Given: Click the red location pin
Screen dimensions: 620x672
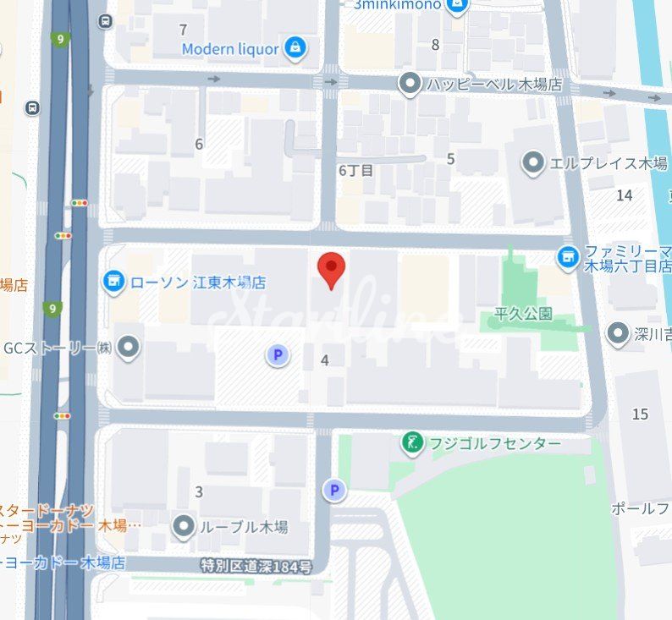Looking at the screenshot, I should [331, 268].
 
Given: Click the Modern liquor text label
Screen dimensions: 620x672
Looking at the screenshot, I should [229, 49].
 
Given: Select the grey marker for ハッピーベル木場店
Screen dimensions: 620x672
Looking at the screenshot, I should [410, 83].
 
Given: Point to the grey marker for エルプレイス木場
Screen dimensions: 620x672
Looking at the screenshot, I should [533, 162].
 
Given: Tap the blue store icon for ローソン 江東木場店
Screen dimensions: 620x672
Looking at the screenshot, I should [113, 280].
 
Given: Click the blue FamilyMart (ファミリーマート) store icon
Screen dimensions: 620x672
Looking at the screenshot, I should [569, 255].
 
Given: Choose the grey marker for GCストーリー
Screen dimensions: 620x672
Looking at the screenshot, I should [128, 347].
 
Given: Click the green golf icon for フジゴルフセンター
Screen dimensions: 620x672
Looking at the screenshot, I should [412, 442].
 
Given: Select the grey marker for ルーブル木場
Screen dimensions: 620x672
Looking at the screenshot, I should [184, 527].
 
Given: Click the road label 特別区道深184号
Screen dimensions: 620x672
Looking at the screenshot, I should [256, 566].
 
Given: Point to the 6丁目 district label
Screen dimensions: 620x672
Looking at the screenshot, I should [355, 170].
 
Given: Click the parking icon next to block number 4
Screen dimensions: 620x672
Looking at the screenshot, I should [277, 356].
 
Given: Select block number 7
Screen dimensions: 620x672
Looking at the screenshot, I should [184, 30].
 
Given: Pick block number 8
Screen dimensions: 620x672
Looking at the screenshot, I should [435, 45].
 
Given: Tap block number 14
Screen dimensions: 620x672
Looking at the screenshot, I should [625, 195].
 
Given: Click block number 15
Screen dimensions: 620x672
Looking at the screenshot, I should [640, 414].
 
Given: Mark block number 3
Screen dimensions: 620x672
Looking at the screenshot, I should [199, 491].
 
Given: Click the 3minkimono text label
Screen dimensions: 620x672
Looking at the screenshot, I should [397, 5].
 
